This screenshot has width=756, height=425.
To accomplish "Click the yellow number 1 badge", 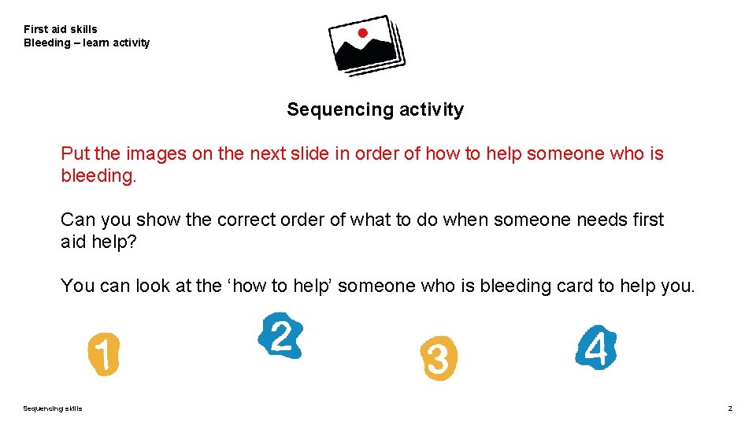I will (103, 353).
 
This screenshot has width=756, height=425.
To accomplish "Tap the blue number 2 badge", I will (280, 336).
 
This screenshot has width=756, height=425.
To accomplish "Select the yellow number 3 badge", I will (438, 359).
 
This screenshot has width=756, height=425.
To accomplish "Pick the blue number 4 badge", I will (596, 348).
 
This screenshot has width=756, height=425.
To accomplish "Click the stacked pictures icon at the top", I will (366, 45).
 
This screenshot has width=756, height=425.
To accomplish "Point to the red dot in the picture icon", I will (362, 33).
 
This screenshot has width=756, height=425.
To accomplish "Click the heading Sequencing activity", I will (375, 109).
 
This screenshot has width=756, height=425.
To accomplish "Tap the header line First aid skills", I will (61, 29).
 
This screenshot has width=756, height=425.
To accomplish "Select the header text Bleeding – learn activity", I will (87, 42).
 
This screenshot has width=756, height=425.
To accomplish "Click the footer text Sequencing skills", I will (52, 408).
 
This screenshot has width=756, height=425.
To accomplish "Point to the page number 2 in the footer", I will (730, 408).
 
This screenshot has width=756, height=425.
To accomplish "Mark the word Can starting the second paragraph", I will (77, 220).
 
